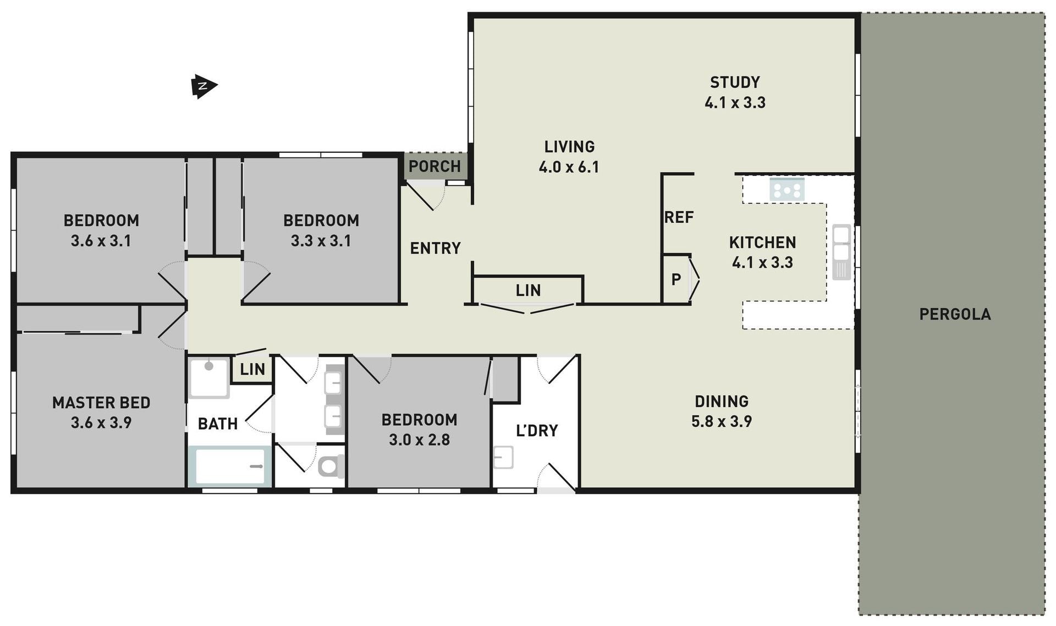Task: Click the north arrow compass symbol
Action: (204, 86)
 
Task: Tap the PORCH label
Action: (435, 166)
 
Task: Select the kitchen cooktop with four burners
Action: (787, 190)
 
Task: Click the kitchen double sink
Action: (842, 252)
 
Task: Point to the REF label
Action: (679, 217)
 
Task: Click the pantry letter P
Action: (676, 279)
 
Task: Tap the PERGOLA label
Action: (955, 314)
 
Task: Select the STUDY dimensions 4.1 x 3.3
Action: (735, 102)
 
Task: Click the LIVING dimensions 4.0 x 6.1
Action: (569, 167)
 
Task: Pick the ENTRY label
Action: (435, 248)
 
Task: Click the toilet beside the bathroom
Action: (331, 466)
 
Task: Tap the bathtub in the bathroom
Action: (230, 466)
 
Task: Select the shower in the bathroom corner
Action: (209, 377)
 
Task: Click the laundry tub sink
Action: (503, 457)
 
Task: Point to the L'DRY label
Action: (537, 430)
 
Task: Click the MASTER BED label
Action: (101, 403)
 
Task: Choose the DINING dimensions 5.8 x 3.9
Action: (721, 421)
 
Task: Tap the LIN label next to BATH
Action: (252, 369)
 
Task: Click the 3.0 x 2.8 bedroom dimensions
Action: (419, 440)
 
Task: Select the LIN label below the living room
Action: (528, 290)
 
